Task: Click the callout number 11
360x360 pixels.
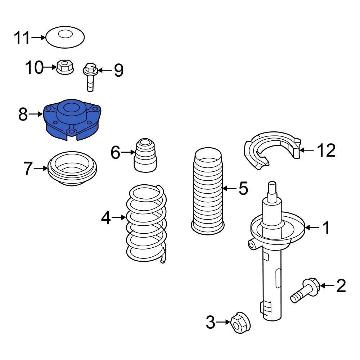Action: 22,38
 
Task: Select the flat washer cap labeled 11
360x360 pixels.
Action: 74,40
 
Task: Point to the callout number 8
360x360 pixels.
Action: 23,114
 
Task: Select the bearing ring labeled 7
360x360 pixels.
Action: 72,169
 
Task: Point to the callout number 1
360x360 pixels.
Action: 325,228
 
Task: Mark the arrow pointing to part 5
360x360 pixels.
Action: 229,188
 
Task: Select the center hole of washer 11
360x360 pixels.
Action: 65,35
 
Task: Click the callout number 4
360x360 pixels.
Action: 106,217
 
